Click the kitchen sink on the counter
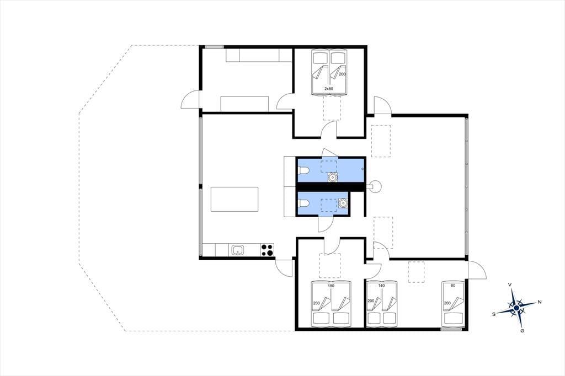(238, 250)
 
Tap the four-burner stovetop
(267, 250)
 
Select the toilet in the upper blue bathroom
(303, 170)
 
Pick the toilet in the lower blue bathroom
(303, 203)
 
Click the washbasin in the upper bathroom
(332, 177)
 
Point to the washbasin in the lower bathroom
(343, 203)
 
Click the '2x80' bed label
(328, 89)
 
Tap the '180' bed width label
(331, 286)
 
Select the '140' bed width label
(381, 286)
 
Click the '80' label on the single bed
(453, 286)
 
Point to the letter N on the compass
(540, 302)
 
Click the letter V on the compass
(510, 284)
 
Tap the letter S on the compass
(494, 314)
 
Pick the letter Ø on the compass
(522, 331)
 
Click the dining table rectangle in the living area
(234, 199)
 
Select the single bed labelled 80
(453, 303)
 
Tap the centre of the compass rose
(516, 308)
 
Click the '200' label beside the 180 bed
(316, 303)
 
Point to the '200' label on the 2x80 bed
(342, 74)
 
